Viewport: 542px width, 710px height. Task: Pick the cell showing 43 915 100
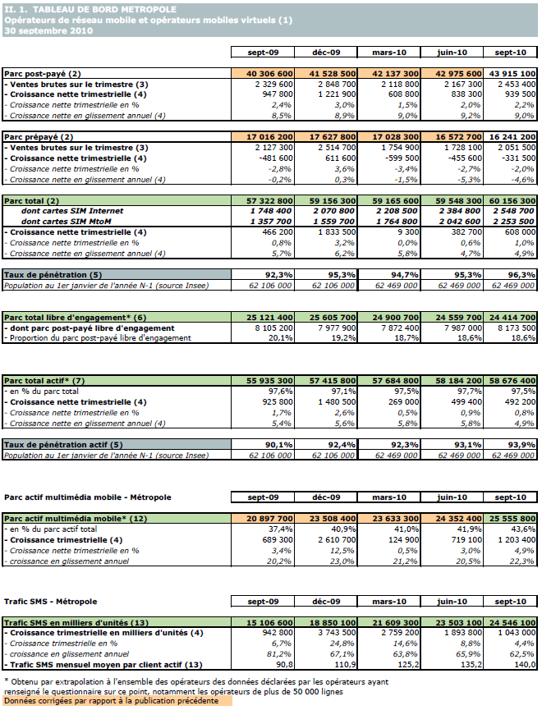[513, 74]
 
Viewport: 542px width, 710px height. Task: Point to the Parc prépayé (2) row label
[39, 137]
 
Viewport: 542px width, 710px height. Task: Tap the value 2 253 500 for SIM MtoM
[513, 222]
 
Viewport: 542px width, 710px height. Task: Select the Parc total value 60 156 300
[513, 200]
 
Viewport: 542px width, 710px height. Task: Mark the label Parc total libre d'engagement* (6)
[76, 317]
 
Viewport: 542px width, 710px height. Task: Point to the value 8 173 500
[513, 328]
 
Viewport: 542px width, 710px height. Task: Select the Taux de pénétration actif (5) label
[54, 444]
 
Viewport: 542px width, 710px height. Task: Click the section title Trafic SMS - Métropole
[51, 602]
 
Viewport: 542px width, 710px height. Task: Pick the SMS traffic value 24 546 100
[513, 624]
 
